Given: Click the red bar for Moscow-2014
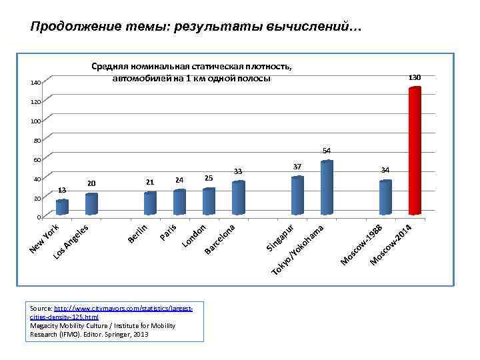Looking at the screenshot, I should click(x=415, y=151).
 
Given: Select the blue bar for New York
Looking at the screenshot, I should click(x=62, y=207).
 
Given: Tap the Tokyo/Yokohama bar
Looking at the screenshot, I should click(x=327, y=187).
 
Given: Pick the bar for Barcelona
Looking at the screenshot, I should click(x=239, y=197).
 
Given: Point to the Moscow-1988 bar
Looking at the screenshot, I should click(x=385, y=197).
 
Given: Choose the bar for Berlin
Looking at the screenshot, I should click(x=150, y=203).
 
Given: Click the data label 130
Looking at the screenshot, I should click(x=415, y=78).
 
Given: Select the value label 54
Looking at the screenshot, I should click(x=327, y=150).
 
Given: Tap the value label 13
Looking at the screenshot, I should click(x=62, y=189).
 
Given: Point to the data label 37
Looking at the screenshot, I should click(x=297, y=165).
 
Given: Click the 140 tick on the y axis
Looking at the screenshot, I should click(x=35, y=83).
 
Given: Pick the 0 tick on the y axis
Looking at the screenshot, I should click(x=39, y=217).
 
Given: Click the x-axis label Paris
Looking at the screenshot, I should click(x=168, y=231).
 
